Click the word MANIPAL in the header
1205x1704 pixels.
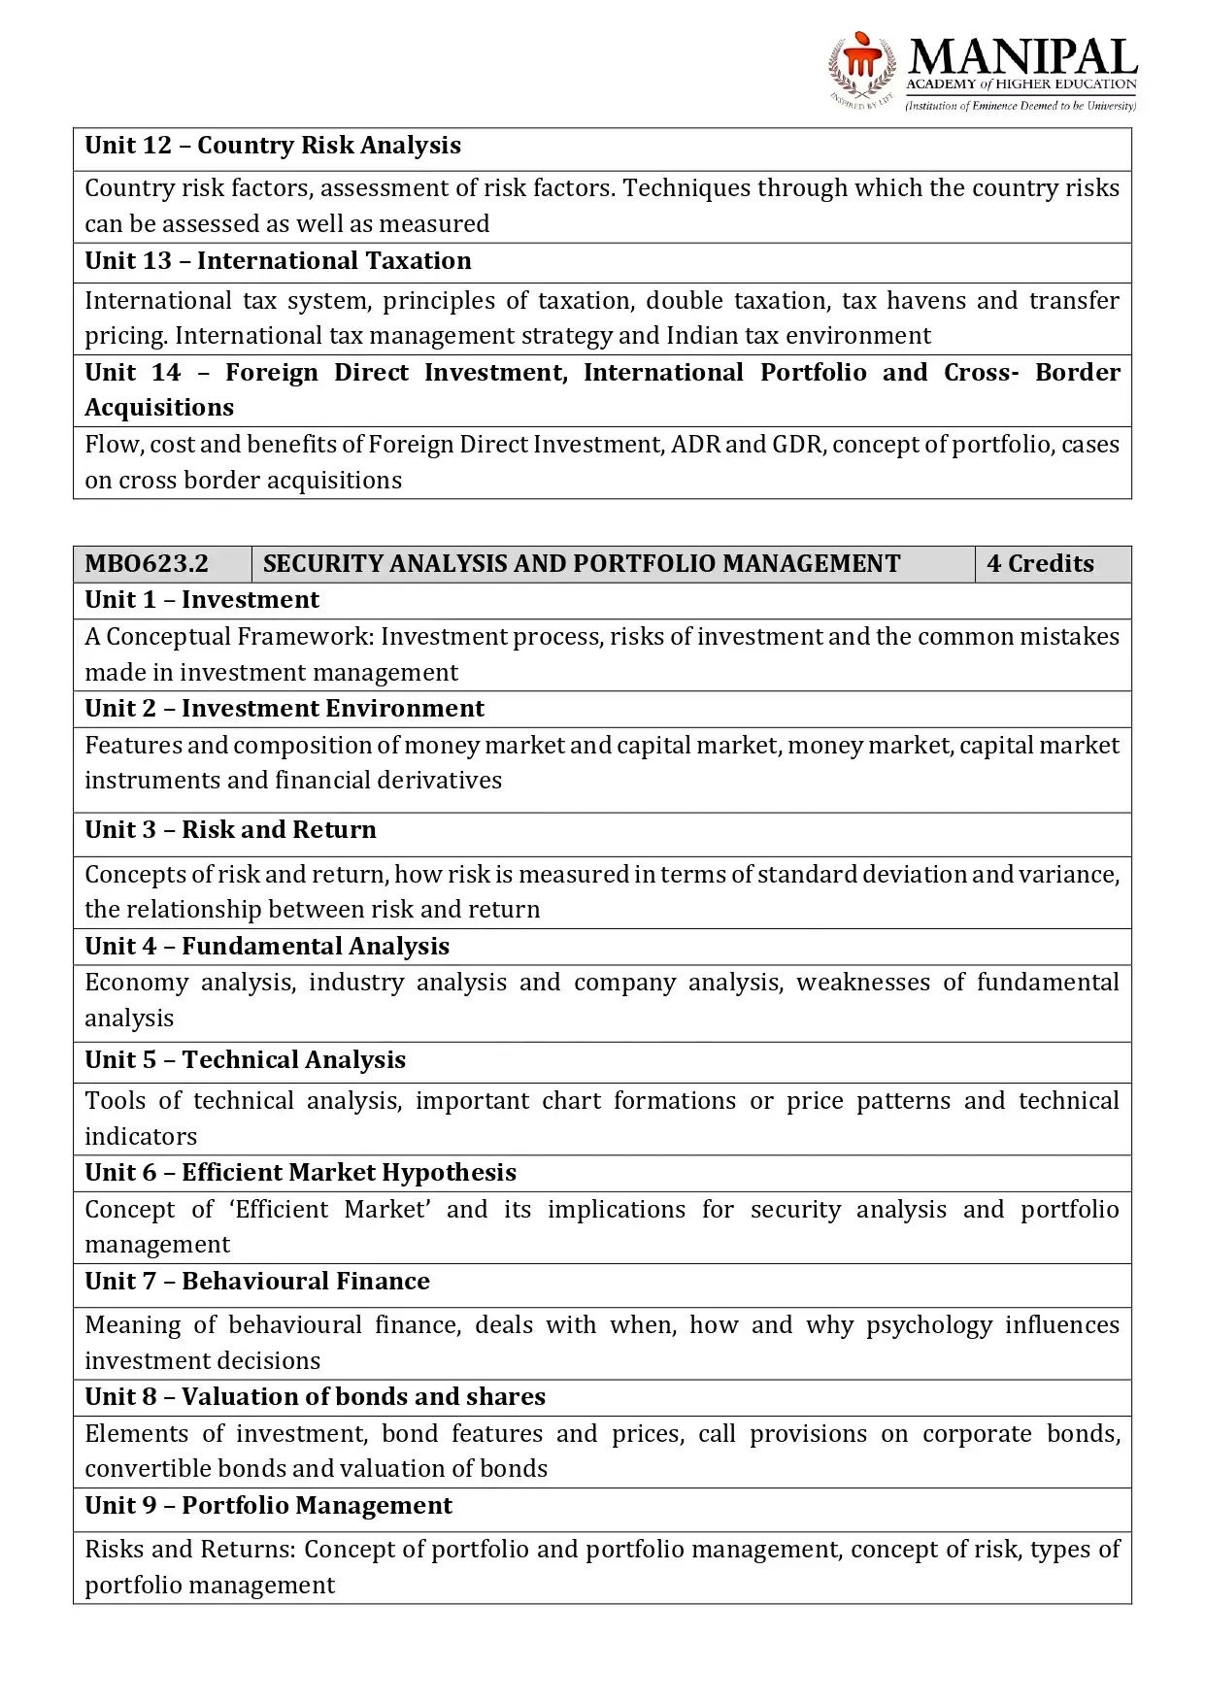point(1022,57)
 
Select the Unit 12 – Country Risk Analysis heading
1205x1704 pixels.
point(273,146)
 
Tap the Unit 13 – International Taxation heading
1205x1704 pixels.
point(278,261)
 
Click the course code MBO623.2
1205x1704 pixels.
point(147,564)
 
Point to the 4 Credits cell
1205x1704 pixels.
point(1040,564)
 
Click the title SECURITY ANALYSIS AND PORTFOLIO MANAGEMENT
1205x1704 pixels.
point(582,564)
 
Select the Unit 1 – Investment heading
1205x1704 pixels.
point(202,600)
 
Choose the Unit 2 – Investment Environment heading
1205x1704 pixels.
point(285,709)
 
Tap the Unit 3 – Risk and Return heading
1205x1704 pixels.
point(230,830)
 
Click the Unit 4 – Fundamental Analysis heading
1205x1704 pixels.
point(267,947)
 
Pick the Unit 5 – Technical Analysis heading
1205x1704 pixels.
point(245,1060)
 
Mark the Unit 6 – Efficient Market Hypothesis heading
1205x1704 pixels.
point(300,1173)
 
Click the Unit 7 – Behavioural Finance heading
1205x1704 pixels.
point(257,1282)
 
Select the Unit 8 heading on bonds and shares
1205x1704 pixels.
point(315,1397)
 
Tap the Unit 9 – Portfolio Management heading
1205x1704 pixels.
point(268,1506)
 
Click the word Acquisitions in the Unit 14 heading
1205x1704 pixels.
point(159,408)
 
